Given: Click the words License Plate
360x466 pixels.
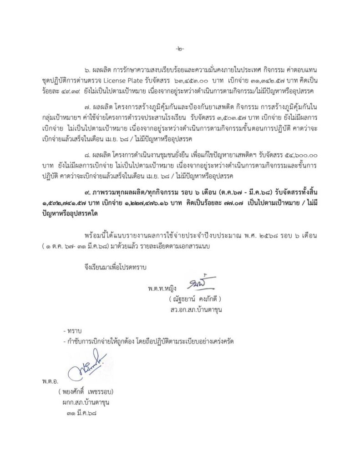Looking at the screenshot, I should pyautogui.click(x=138, y=82).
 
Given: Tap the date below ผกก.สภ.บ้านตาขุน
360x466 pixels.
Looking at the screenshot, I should pyautogui.click(x=82, y=413).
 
